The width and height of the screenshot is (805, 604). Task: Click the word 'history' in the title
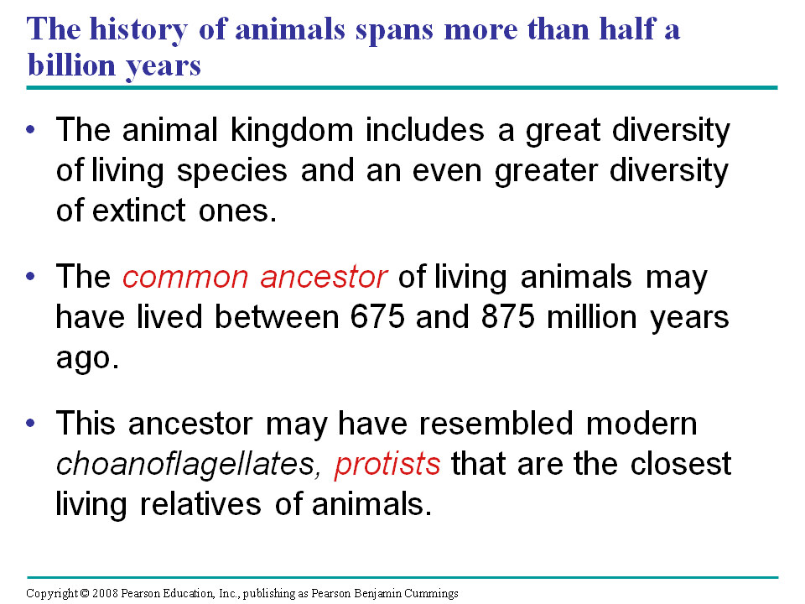pyautogui.click(x=138, y=30)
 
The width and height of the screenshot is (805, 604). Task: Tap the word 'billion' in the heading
pyautogui.click(x=71, y=65)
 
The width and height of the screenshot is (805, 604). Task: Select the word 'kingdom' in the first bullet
pyautogui.click(x=292, y=130)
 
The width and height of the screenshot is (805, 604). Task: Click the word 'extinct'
pyautogui.click(x=138, y=211)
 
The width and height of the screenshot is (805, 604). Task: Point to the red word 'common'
pyautogui.click(x=185, y=278)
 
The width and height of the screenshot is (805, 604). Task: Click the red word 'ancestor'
pyautogui.click(x=324, y=277)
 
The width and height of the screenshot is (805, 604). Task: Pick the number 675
pyautogui.click(x=377, y=316)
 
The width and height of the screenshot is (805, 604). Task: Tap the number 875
pyautogui.click(x=508, y=316)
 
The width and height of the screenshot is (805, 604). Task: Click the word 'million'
pyautogui.click(x=592, y=316)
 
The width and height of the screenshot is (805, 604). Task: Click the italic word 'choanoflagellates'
pyautogui.click(x=184, y=464)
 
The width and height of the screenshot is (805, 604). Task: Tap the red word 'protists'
pyautogui.click(x=387, y=464)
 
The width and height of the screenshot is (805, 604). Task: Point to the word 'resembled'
pyautogui.click(x=496, y=424)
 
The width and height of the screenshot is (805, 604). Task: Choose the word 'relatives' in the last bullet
pyautogui.click(x=200, y=504)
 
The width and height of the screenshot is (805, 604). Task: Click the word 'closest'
pyautogui.click(x=681, y=464)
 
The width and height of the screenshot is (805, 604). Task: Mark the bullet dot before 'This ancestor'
pyautogui.click(x=31, y=423)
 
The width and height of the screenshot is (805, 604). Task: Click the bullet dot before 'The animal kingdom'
pyautogui.click(x=31, y=129)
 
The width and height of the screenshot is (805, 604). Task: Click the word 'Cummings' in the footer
pyautogui.click(x=431, y=594)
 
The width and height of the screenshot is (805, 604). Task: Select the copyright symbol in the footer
pyautogui.click(x=86, y=594)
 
